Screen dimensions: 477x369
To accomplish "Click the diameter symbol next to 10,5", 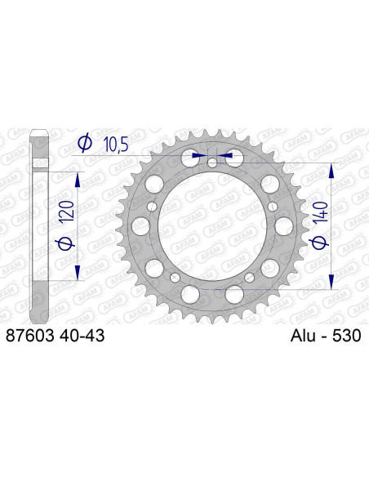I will pos(83,143).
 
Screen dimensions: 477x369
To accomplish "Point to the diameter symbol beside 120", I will pos(78,243).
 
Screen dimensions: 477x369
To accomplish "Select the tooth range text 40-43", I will pos(82,335).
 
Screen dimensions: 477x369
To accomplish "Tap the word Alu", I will pos(304,335).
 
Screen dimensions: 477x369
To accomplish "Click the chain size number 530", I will pos(348,335).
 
